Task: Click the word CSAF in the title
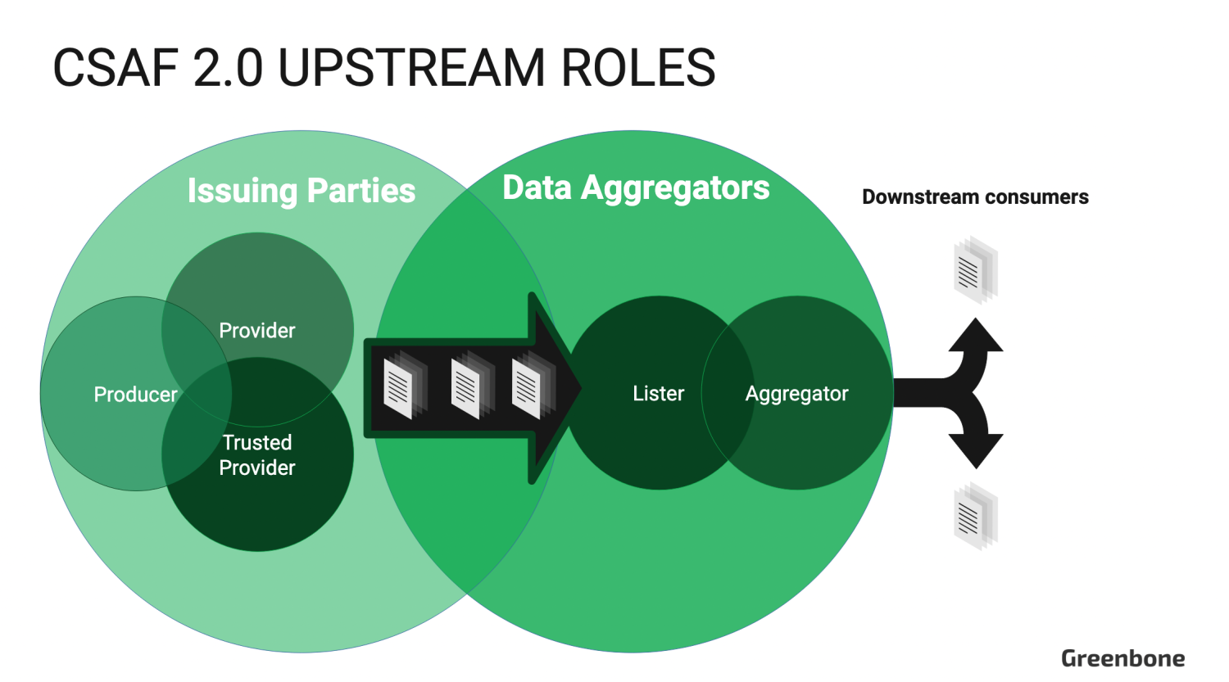pos(115,67)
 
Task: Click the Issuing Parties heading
pos(301,191)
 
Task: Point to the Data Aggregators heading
pos(636,187)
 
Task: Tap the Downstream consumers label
pos(975,197)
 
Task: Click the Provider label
pos(257,331)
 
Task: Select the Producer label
pos(135,395)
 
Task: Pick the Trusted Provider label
pos(257,455)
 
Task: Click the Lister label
pos(658,394)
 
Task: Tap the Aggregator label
pos(796,394)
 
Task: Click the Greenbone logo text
pos(1122,658)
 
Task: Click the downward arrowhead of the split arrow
pos(976,452)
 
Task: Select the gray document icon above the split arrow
pos(975,269)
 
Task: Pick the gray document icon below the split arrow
pos(975,517)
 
